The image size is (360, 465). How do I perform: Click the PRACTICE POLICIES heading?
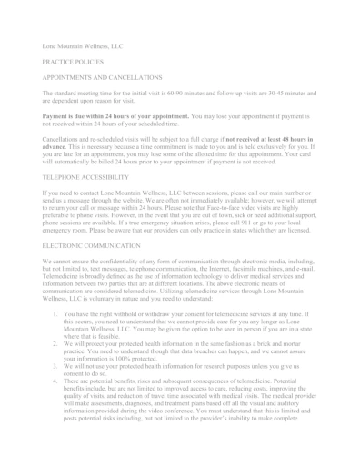click(x=73, y=61)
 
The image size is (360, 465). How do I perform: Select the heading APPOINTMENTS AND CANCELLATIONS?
click(x=103, y=78)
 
